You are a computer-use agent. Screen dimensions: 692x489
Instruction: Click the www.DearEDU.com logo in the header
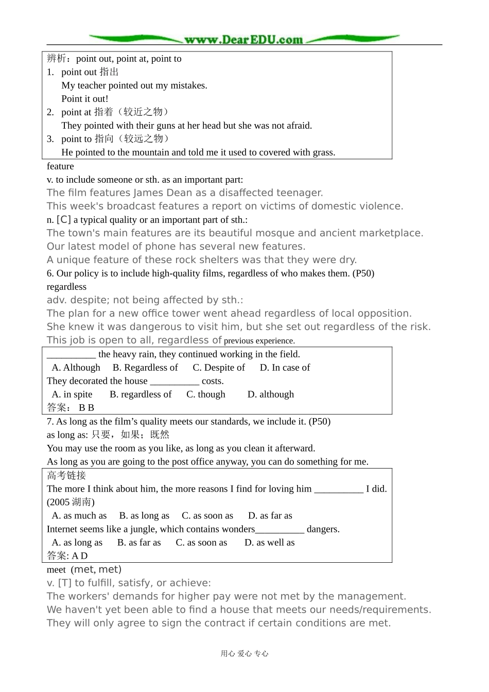pyautogui.click(x=243, y=39)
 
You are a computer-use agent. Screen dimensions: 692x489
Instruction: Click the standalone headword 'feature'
pyautogui.click(x=60, y=166)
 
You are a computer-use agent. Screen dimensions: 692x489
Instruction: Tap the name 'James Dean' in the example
pyautogui.click(x=161, y=193)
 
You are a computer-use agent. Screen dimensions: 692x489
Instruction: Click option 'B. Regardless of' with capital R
pyautogui.click(x=145, y=368)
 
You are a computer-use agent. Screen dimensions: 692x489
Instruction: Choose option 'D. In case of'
pyautogui.click(x=285, y=368)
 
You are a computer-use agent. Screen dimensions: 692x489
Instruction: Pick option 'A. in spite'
pyautogui.click(x=72, y=394)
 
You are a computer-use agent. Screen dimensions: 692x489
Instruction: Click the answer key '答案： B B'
pyautogui.click(x=71, y=408)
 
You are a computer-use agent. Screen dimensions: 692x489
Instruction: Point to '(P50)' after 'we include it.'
pyautogui.click(x=319, y=422)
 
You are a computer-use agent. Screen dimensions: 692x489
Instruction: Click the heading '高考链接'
pyautogui.click(x=66, y=475)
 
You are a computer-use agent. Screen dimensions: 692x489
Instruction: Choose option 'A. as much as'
pyautogui.click(x=79, y=516)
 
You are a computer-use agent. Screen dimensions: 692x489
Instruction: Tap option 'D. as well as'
pyautogui.click(x=269, y=543)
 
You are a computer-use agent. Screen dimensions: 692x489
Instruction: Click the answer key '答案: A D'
pyautogui.click(x=67, y=556)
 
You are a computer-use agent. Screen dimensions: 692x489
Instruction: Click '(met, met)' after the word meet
pyautogui.click(x=96, y=569)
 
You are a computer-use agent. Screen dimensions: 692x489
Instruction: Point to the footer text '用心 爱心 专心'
pyautogui.click(x=244, y=654)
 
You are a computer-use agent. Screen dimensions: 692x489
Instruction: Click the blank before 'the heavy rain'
pyautogui.click(x=71, y=354)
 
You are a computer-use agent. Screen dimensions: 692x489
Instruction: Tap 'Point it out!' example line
pyautogui.click(x=85, y=99)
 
